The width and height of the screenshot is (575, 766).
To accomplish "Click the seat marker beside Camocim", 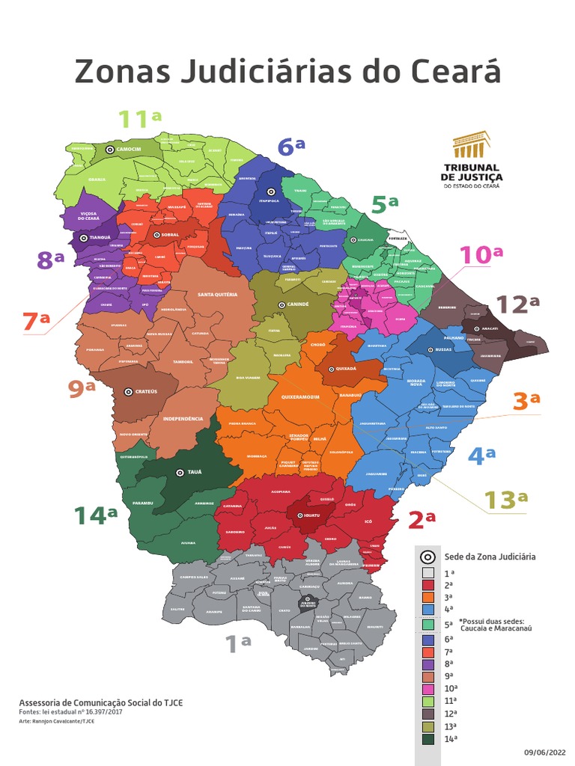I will [110, 150].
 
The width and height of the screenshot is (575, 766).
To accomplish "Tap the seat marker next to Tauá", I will [179, 472].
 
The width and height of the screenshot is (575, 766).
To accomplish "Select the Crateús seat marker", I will [129, 390].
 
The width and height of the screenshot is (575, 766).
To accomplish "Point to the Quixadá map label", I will [347, 369].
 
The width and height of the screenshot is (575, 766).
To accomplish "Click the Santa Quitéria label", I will [217, 295].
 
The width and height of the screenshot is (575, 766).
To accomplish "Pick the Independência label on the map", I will [183, 419].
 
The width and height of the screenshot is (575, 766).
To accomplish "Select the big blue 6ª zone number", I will [290, 147].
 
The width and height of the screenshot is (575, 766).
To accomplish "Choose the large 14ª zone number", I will [96, 515].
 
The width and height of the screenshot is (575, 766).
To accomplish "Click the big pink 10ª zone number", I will [481, 255].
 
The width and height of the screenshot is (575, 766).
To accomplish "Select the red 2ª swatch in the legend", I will [427, 583].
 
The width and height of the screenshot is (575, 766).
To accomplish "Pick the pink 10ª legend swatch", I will [427, 688].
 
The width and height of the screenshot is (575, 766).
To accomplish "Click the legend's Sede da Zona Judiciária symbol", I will [428, 557].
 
